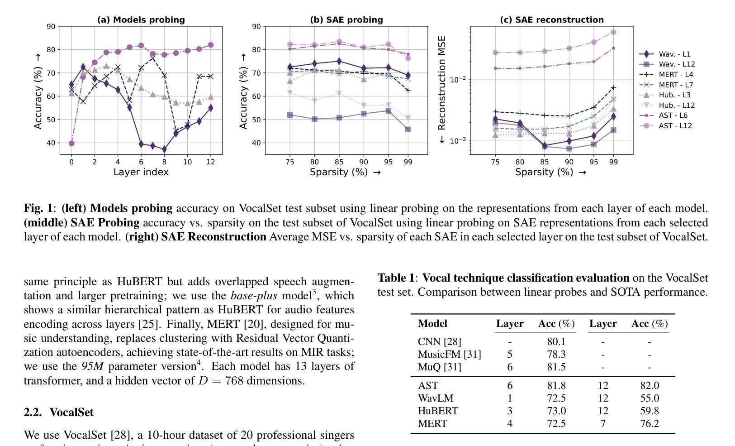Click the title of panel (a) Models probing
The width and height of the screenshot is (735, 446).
[x=141, y=20]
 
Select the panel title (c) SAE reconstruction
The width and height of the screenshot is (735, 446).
[x=551, y=20]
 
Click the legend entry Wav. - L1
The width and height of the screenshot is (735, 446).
[x=674, y=54]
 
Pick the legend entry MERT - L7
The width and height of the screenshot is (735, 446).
[x=676, y=85]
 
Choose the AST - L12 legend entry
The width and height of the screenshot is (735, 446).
[x=675, y=125]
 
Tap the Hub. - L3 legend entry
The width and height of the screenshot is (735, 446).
[x=674, y=95]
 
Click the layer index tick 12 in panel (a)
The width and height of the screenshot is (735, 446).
[x=210, y=162]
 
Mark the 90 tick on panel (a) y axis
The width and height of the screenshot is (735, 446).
[x=51, y=27]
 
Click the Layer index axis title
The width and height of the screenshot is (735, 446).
[x=141, y=172]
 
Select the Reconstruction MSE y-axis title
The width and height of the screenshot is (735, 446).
[x=442, y=90]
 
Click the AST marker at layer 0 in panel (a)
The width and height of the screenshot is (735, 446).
[x=71, y=144]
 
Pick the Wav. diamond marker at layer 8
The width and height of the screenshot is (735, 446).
[x=164, y=149]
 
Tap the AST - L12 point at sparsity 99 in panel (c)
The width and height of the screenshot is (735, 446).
[x=613, y=32]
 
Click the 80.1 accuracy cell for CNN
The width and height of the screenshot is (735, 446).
[x=556, y=342]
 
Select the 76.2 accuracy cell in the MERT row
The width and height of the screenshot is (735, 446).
[x=650, y=424]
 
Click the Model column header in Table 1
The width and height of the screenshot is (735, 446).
[x=432, y=324]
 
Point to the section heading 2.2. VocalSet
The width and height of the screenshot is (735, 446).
[x=59, y=412]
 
